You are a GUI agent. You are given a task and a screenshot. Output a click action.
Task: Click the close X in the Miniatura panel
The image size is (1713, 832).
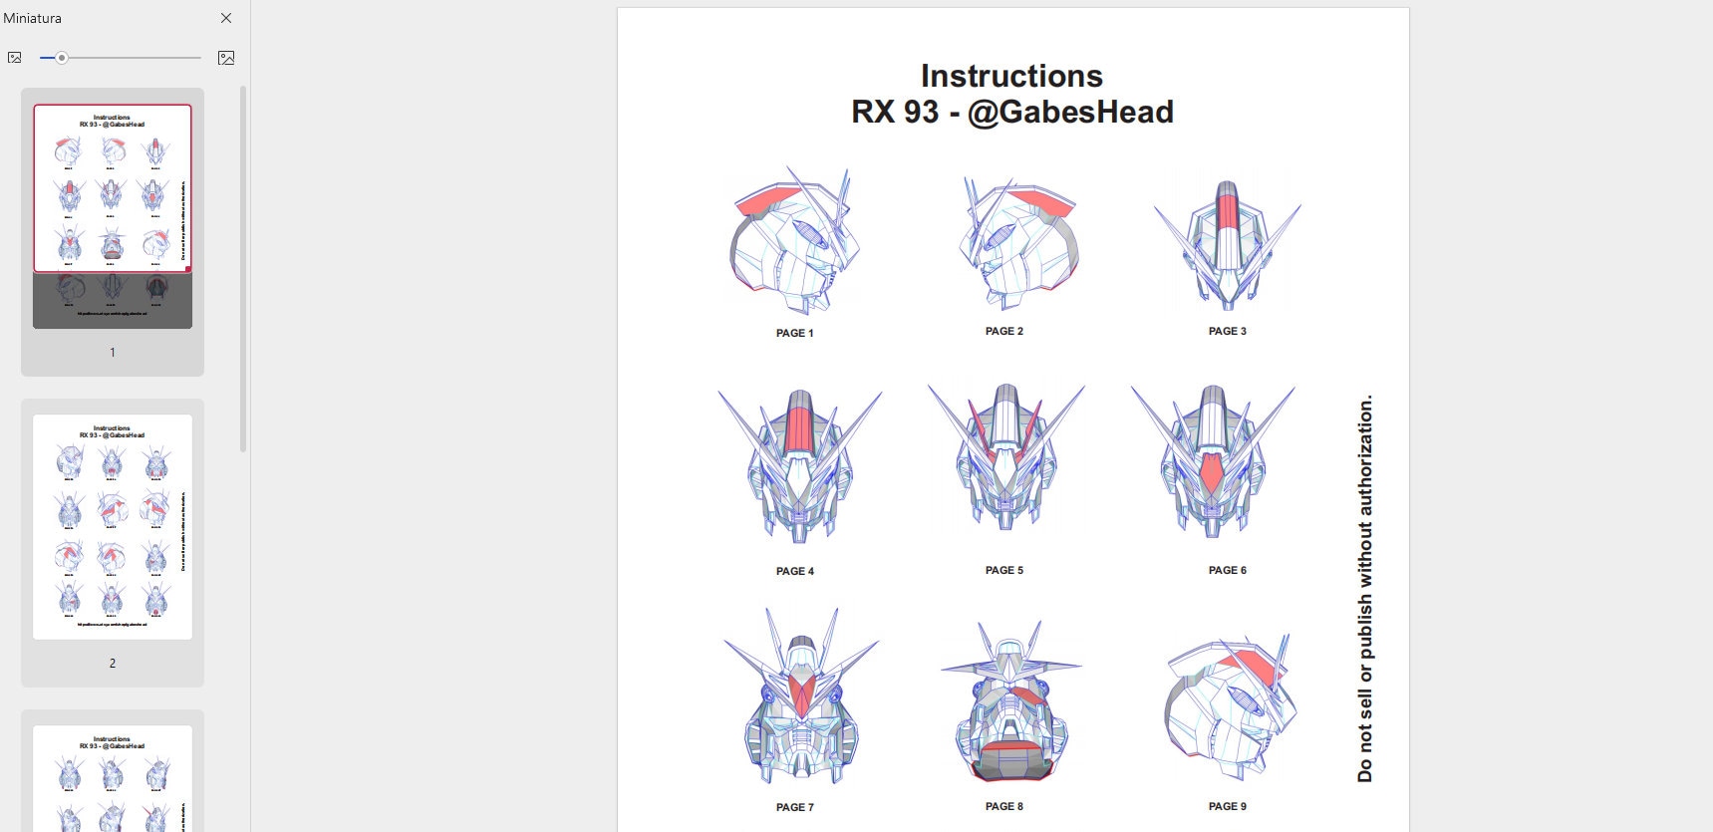(226, 18)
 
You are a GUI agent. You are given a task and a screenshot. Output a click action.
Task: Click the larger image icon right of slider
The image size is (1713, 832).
(226, 58)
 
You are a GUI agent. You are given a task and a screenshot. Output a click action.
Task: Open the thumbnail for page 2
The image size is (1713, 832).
(113, 527)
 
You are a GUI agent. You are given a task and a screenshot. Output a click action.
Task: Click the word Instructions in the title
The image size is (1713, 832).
(1011, 76)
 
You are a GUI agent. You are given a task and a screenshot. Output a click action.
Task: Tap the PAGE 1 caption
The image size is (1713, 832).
(794, 333)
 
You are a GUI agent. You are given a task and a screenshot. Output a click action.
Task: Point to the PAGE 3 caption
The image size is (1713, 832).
(1227, 331)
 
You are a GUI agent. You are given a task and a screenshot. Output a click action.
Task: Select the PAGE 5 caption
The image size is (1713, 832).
(1003, 570)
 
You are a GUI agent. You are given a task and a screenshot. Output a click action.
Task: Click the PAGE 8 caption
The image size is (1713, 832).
(1003, 806)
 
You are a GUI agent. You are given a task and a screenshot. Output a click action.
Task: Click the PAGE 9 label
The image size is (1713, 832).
(1227, 806)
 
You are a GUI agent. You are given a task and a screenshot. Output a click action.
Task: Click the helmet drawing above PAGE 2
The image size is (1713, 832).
(1016, 244)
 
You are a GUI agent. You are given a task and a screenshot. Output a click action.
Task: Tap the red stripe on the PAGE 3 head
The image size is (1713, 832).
(1228, 219)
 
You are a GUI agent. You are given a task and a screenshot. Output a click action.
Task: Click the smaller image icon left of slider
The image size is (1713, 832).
(14, 58)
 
